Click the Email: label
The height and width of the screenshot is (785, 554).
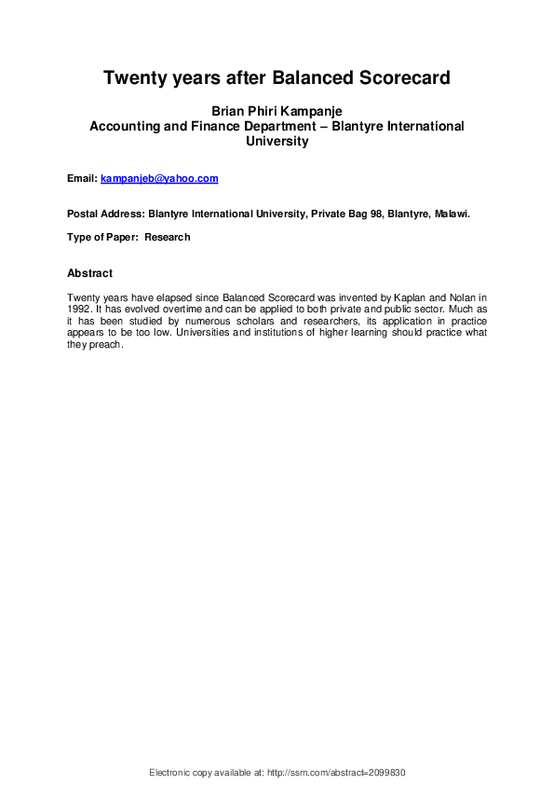(82, 178)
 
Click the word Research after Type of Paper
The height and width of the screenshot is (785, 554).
(168, 238)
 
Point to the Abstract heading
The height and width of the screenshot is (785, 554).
(90, 273)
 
